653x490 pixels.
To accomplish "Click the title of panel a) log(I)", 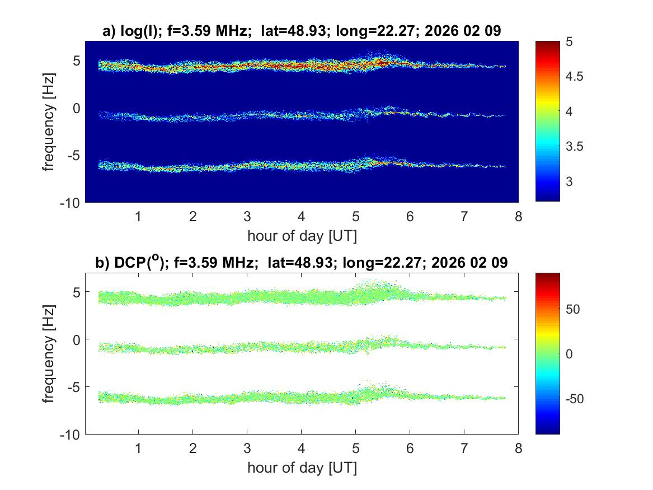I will [x=302, y=32].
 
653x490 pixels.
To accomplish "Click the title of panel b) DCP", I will [x=302, y=263].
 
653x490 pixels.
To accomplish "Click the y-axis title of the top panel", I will [x=49, y=121].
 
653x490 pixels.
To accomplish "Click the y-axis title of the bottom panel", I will [x=49, y=354].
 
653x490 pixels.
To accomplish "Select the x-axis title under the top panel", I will [x=302, y=236].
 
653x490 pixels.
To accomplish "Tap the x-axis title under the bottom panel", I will [x=302, y=468].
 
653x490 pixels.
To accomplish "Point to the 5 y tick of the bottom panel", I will [x=77, y=292].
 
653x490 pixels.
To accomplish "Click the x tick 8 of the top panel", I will [x=518, y=216].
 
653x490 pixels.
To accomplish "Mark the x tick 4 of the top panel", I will [x=301, y=216].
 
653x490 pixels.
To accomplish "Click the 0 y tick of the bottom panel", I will [x=77, y=339].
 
